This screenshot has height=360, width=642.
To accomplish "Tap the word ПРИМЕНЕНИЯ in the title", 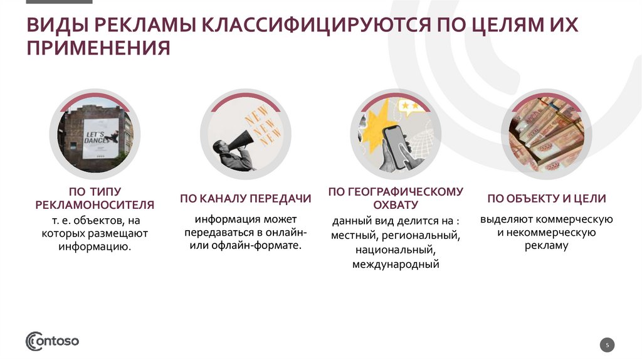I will click(98, 48).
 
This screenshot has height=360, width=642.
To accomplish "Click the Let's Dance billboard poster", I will click(101, 135).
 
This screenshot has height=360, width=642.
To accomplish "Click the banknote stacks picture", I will click(546, 134).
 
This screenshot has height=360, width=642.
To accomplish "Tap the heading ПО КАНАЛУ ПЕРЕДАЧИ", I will click(246, 199).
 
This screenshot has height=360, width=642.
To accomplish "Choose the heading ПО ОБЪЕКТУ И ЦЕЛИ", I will click(546, 199).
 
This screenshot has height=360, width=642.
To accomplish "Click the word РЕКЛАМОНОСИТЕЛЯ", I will click(95, 205).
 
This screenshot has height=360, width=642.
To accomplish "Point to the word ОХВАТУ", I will click(395, 205).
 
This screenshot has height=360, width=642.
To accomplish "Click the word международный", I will click(395, 265).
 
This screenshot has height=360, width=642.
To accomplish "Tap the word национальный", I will click(395, 250).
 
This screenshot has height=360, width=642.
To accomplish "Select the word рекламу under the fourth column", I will click(546, 246).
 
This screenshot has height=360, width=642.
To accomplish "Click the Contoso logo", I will click(52, 341).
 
